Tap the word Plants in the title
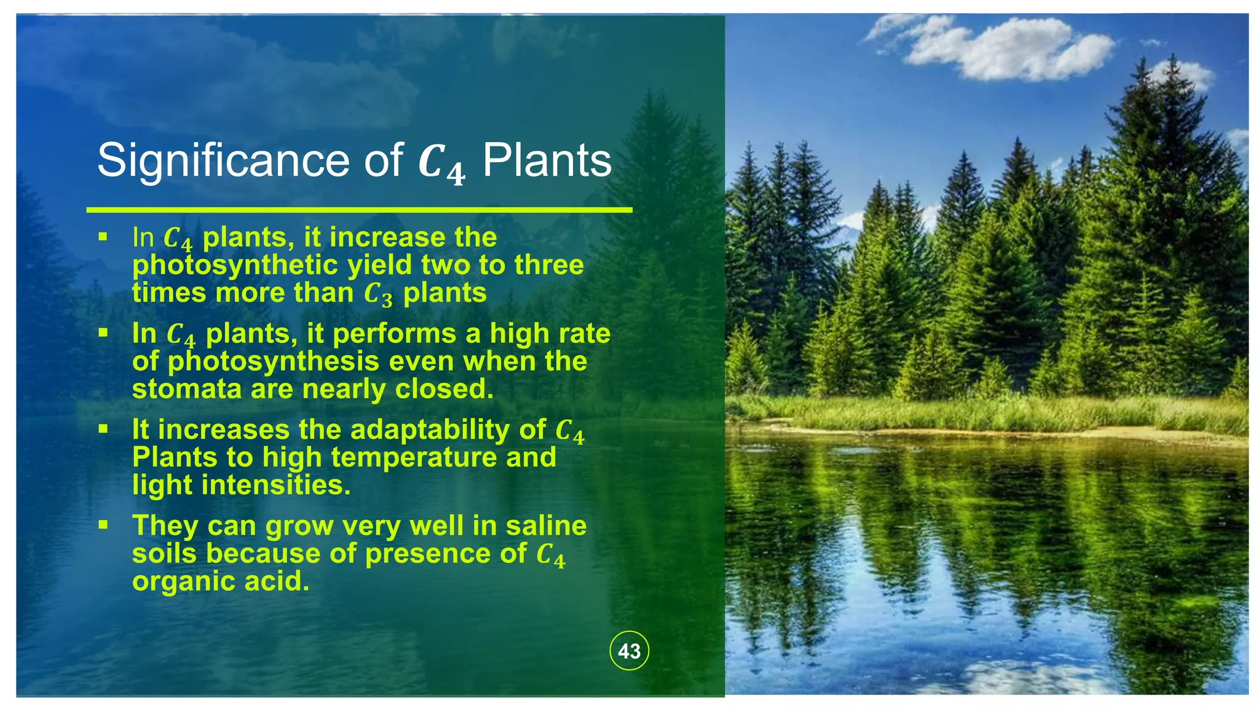[547, 161]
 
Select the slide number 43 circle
[629, 651]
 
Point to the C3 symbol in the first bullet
[377, 294]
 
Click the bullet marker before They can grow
[103, 525]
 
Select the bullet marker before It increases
[103, 428]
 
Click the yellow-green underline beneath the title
[359, 210]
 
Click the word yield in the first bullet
[381, 265]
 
